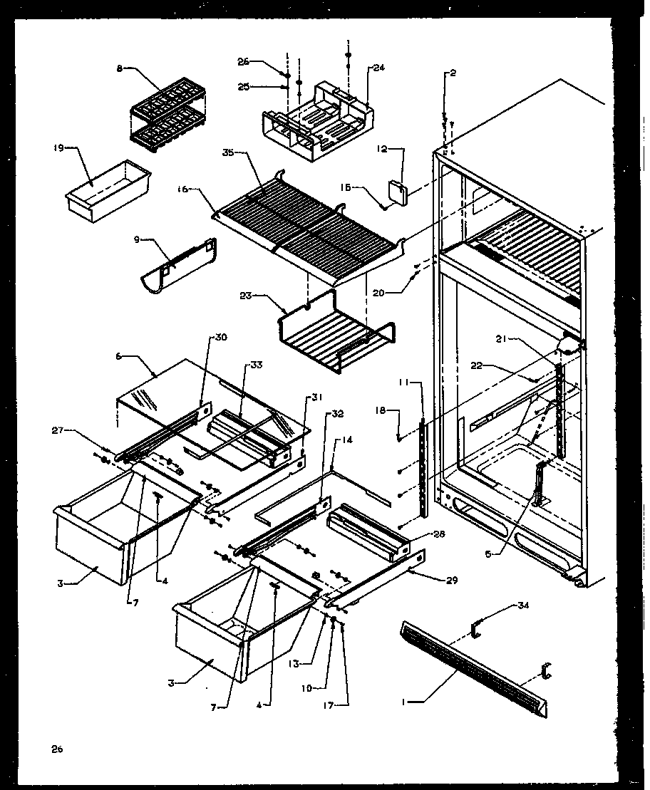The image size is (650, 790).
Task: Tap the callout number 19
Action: click(59, 147)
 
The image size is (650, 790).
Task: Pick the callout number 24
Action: click(378, 68)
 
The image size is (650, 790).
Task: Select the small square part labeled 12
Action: click(396, 192)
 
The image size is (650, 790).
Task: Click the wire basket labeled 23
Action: click(335, 333)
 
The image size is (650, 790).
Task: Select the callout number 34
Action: click(525, 606)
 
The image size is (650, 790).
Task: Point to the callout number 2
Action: click(452, 73)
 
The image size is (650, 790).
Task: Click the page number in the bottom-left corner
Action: click(56, 749)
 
